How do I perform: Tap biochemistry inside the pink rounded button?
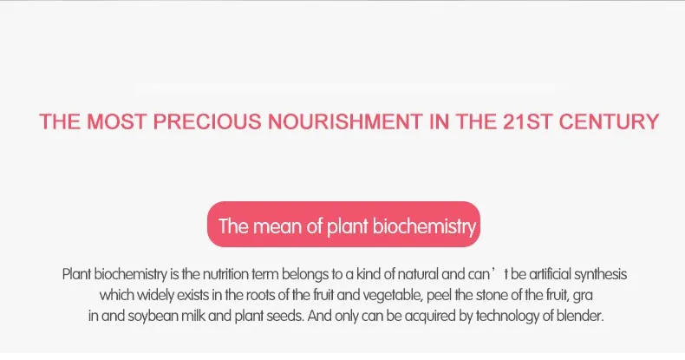pos(425,228)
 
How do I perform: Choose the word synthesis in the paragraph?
pos(597,274)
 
